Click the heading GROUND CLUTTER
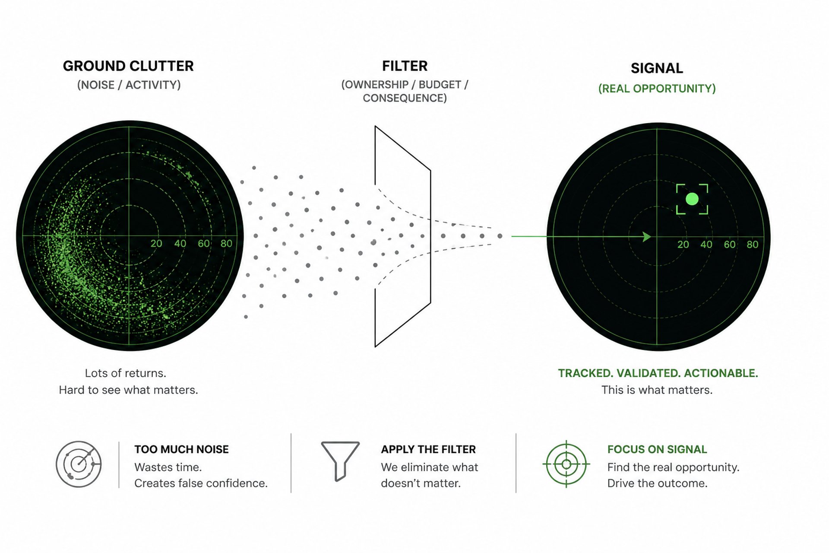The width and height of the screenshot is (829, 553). click(128, 66)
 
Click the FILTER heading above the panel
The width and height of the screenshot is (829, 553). click(405, 66)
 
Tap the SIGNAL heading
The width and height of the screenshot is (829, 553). click(657, 68)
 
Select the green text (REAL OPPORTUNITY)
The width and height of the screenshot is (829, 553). click(657, 89)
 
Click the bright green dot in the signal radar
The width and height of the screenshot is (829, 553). click(692, 199)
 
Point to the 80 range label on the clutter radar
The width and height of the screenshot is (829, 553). click(226, 243)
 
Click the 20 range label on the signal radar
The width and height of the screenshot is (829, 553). click(683, 245)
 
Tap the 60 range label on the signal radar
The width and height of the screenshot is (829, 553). click(730, 245)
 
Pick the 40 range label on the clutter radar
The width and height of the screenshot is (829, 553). click(180, 243)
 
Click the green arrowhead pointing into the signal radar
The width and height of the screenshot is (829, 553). click(647, 236)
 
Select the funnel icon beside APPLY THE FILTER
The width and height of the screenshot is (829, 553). click(340, 461)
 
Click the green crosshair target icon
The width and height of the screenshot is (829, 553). click(566, 464)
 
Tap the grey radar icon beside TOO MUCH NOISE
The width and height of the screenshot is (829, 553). click(79, 464)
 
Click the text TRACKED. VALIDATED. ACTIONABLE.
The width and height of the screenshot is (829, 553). click(658, 373)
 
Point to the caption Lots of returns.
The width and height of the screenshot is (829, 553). click(126, 373)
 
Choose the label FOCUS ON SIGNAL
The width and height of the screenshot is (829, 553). click(657, 449)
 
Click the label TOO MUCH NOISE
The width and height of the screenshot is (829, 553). click(181, 449)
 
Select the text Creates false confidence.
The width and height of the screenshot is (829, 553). click(201, 483)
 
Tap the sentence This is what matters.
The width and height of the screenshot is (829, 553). click(657, 390)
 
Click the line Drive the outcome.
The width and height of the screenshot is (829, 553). click(657, 483)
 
